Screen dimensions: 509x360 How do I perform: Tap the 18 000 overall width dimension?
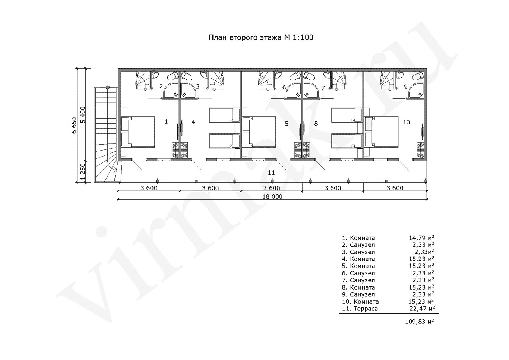pyautogui.click(x=272, y=197)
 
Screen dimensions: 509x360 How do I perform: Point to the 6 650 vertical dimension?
pyautogui.click(x=74, y=126)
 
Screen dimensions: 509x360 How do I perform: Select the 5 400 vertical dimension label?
pyautogui.click(x=83, y=115)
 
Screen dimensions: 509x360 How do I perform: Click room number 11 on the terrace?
pyautogui.click(x=271, y=173)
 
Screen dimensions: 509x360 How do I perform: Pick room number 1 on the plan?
pyautogui.click(x=166, y=121)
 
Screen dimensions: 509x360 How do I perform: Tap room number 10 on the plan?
pyautogui.click(x=406, y=122)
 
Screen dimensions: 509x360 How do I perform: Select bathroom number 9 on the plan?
pyautogui.click(x=406, y=86)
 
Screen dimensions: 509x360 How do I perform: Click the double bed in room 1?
pyautogui.click(x=138, y=132)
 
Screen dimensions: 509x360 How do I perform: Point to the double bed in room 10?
pyautogui.click(x=381, y=132)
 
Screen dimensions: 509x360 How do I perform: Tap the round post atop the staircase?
pyautogui.click(x=108, y=87)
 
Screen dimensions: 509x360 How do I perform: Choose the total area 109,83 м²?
pyautogui.click(x=419, y=322)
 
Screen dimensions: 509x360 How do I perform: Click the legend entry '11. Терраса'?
pyautogui.click(x=360, y=309)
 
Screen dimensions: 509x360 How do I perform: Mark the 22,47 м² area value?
pyautogui.click(x=421, y=309)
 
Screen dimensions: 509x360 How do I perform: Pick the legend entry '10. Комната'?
pyautogui.click(x=360, y=301)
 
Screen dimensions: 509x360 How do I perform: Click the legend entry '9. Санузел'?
pyautogui.click(x=358, y=294)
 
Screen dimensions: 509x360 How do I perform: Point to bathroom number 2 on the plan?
pyautogui.click(x=161, y=86)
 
